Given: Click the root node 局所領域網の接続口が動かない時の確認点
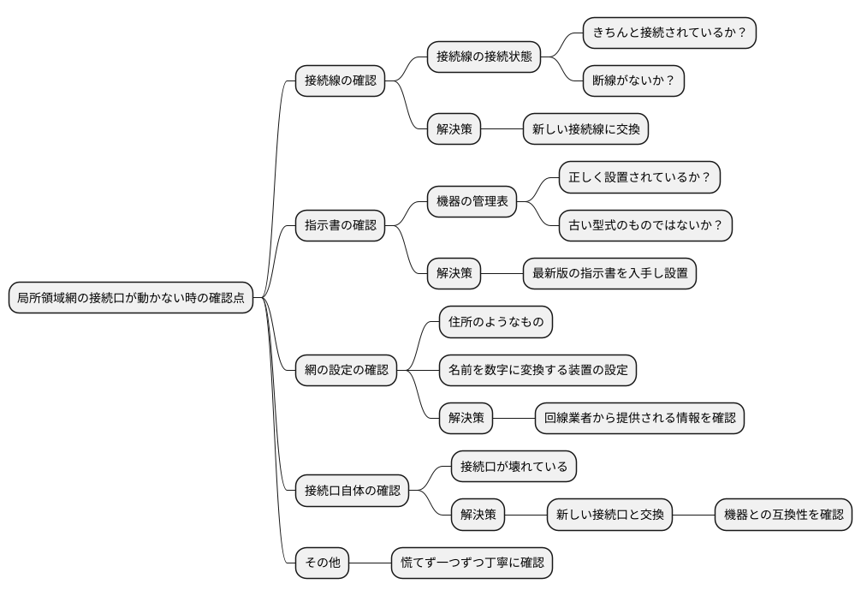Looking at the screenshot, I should tap(131, 298).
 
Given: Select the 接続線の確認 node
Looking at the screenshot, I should tap(340, 81).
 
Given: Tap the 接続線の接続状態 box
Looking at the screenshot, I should tap(484, 57).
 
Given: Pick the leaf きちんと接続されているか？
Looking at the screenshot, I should tap(669, 33).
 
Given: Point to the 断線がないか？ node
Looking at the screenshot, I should tap(633, 81).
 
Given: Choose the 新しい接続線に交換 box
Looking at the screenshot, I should tap(585, 129).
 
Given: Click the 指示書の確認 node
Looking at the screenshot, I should tap(340, 226).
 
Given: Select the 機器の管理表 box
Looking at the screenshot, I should tap(472, 202).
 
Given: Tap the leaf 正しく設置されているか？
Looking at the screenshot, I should tap(640, 178).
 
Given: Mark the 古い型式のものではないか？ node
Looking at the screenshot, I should tap(646, 226).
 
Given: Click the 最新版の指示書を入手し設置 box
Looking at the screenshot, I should tap(609, 274).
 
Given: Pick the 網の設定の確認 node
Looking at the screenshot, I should tap(346, 370).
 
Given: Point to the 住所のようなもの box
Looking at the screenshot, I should tap(496, 322).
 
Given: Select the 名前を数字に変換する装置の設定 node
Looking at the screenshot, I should tap(537, 370).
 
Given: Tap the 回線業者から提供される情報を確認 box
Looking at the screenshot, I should tap(639, 418).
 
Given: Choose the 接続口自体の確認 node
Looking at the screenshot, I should tap(352, 491).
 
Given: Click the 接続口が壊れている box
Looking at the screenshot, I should tap(514, 467).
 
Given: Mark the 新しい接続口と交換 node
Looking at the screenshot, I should tap(609, 515).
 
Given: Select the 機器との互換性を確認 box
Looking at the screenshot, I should tap(783, 515).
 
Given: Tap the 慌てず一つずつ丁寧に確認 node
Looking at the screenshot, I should tap(472, 563).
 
